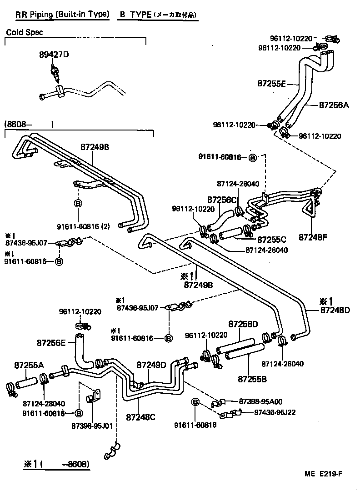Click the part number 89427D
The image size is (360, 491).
pos(53,55)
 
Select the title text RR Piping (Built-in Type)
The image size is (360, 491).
pos(62,15)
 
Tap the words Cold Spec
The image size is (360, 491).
pos(25,33)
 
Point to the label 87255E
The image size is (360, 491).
pos(271,84)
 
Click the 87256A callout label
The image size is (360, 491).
pos(333,105)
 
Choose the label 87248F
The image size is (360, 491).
pos(312,237)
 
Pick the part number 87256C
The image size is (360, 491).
pos(222,200)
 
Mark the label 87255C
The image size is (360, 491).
pos(271,240)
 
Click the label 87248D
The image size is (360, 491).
pos(335,311)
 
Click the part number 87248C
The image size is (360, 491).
pos(141,416)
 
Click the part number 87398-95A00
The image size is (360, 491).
pos(261,401)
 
